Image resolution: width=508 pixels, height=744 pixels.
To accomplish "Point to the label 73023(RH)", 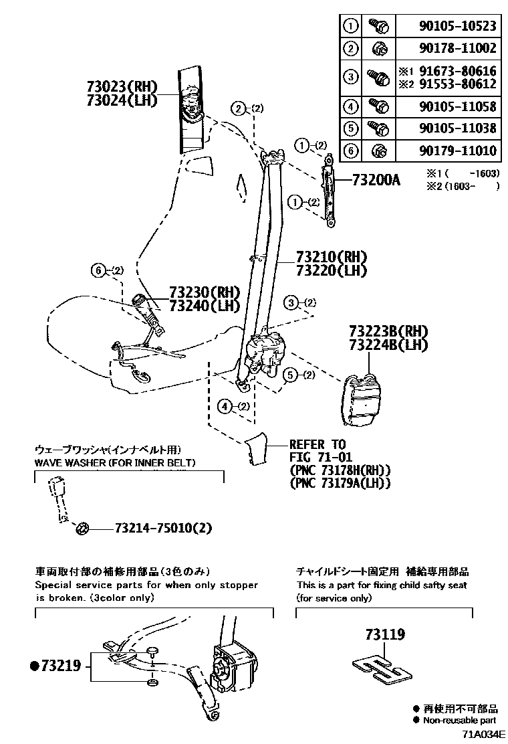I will [x=120, y=86].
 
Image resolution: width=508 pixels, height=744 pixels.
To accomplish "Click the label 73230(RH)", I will [x=204, y=292].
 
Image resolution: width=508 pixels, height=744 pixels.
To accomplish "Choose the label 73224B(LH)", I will [x=388, y=345].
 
